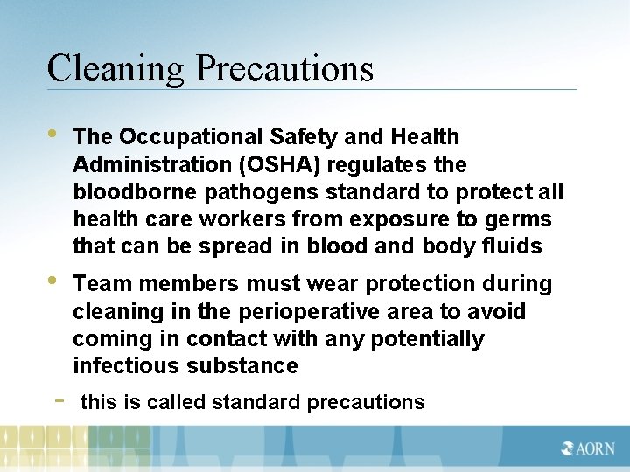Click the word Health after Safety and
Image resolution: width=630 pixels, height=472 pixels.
click(425, 137)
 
